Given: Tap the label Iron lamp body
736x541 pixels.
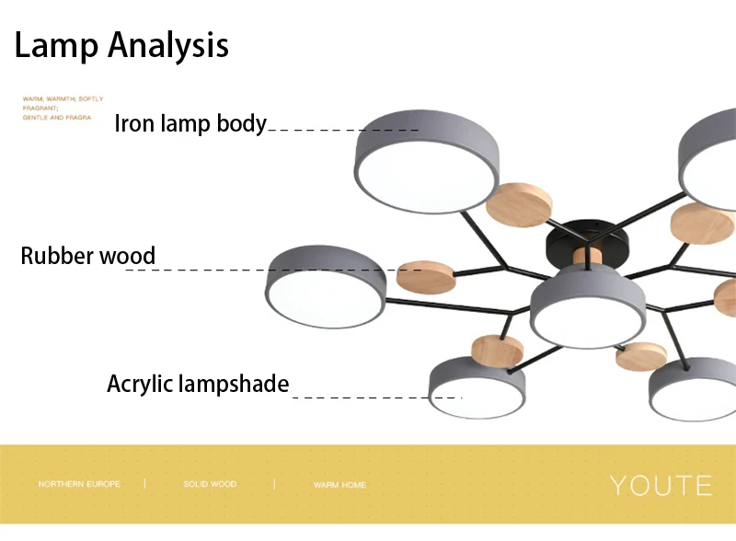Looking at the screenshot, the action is tap(190, 124).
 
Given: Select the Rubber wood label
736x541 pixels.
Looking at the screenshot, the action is tap(88, 256).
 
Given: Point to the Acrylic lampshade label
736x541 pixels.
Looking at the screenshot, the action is tap(198, 384).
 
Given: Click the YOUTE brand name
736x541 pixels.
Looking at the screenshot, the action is tap(661, 485).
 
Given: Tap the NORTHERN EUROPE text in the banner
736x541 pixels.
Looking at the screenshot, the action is tap(79, 484).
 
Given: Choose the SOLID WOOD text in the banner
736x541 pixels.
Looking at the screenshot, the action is tap(210, 484).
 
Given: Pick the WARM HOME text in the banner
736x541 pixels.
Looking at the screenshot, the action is tap(339, 485).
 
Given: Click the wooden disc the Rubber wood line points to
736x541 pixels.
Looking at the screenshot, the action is tap(426, 271).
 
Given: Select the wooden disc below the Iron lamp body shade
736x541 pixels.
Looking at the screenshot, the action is tap(519, 205).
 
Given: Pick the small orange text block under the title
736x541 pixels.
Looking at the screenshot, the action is tap(63, 108).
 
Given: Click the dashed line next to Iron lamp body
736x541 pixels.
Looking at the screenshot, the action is tap(342, 130).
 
